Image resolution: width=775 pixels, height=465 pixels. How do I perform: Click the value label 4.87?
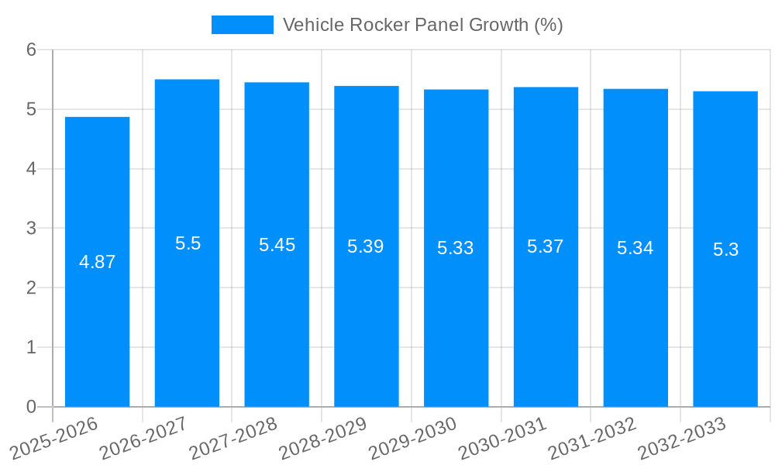click(97, 262)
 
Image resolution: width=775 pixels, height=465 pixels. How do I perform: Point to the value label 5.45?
click(277, 245)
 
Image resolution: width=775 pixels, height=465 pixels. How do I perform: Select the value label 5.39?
click(366, 246)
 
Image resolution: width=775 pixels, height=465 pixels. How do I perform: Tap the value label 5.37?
click(546, 246)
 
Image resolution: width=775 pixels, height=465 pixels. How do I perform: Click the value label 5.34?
click(635, 248)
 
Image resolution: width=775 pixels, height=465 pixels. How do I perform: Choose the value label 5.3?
click(725, 250)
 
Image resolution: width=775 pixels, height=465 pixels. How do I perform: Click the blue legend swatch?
click(242, 25)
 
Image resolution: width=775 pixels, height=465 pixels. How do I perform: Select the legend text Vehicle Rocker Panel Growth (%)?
click(422, 25)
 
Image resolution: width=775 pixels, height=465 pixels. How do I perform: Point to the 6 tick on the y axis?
click(31, 50)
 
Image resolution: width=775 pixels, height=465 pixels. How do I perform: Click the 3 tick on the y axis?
click(31, 229)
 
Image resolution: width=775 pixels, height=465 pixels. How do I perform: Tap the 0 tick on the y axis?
click(31, 407)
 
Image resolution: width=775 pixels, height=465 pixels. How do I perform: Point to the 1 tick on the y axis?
click(31, 347)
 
